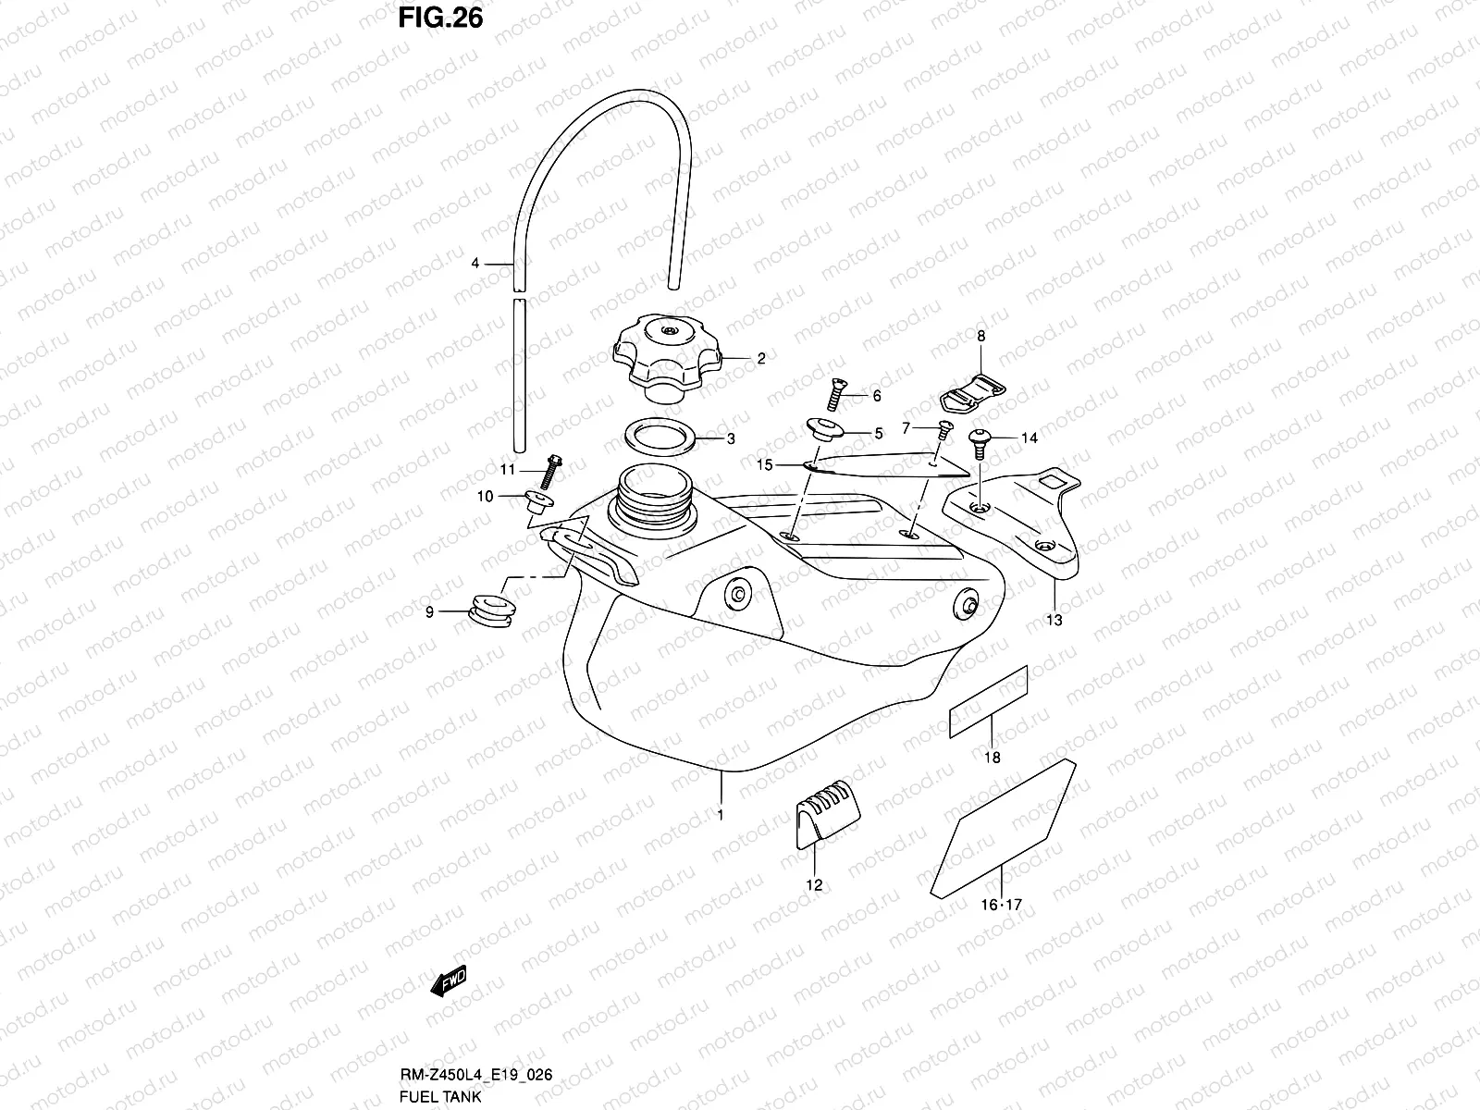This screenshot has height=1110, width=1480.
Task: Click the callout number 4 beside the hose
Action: (x=475, y=264)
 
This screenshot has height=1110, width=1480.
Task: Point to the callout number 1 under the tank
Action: (x=720, y=816)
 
